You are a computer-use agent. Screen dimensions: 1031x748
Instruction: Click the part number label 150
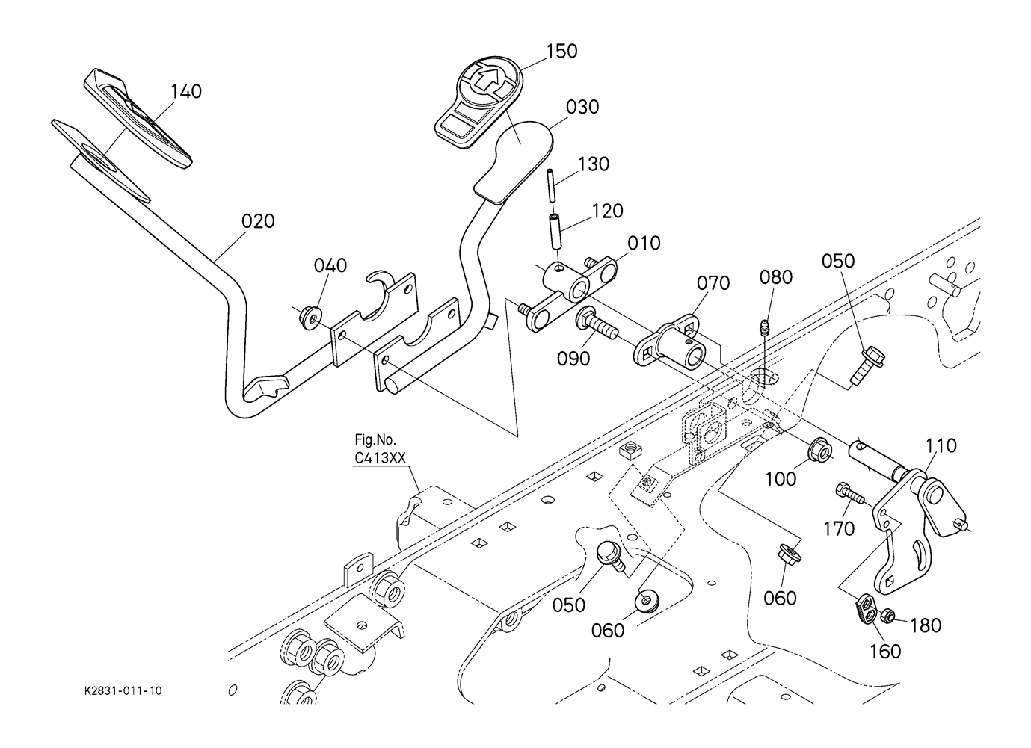tap(561, 52)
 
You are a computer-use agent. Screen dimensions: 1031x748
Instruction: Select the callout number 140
tap(186, 92)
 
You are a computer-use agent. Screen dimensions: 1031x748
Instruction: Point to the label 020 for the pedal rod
tap(258, 221)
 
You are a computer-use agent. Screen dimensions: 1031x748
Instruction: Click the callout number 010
tap(644, 243)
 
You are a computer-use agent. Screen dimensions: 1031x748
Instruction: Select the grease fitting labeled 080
tap(763, 329)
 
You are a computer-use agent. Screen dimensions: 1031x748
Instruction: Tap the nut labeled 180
tap(887, 616)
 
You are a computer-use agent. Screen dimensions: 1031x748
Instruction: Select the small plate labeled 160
tap(867, 609)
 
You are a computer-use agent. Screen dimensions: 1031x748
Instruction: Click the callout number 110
tap(941, 445)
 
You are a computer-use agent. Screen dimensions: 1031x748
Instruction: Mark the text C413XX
tap(381, 458)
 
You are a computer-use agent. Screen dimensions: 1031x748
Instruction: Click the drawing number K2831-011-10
tap(123, 691)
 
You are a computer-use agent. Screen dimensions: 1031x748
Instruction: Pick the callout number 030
tap(582, 107)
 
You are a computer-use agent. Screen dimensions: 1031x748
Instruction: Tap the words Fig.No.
tap(375, 440)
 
